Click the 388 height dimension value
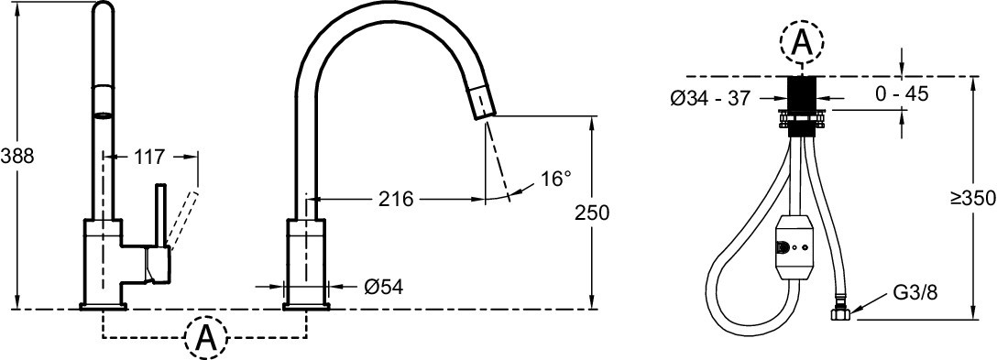(16, 157)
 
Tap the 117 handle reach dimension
(150, 157)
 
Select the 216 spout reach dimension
(396, 199)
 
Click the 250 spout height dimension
(592, 213)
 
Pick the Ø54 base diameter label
(383, 288)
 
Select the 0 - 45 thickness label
(902, 94)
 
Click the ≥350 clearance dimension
(973, 199)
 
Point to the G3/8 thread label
(915, 293)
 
